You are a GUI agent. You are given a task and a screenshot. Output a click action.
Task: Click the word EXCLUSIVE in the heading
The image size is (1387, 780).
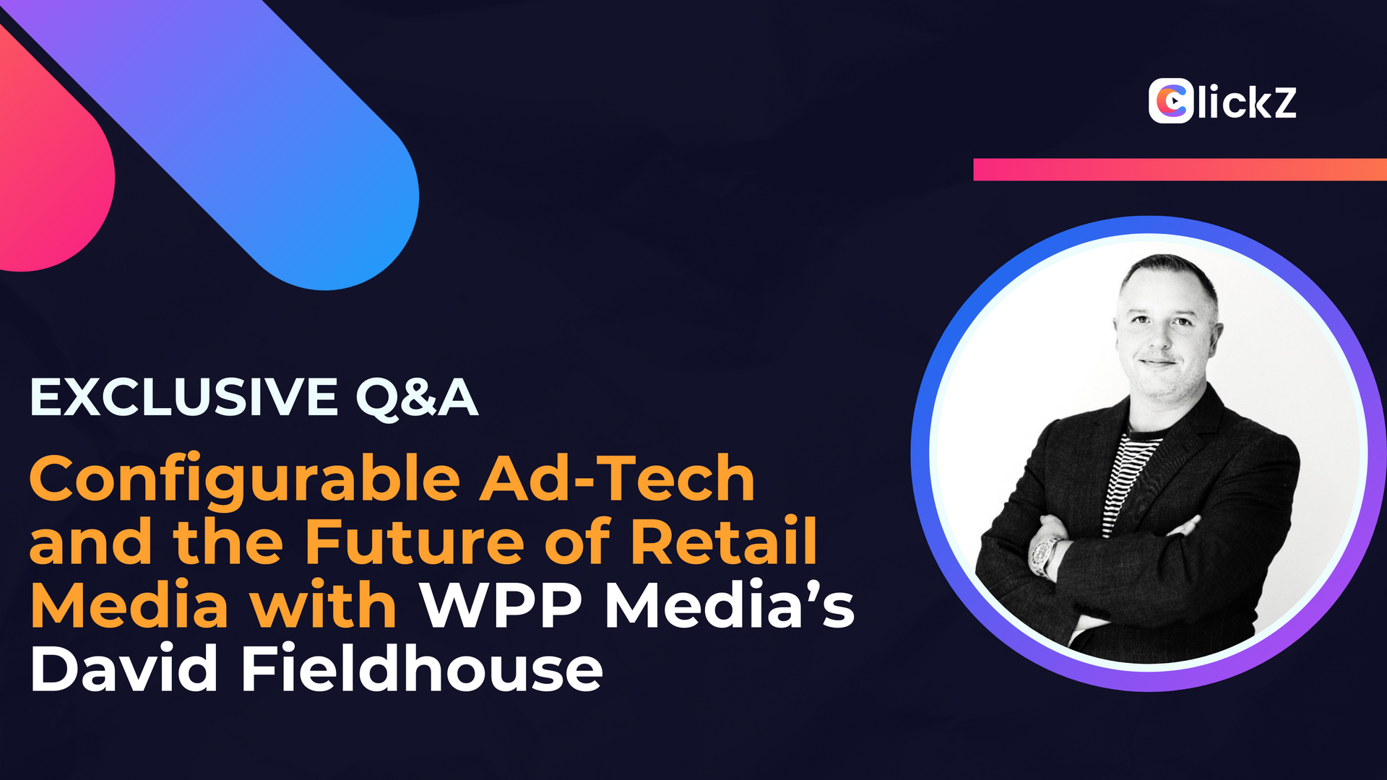[x=184, y=397]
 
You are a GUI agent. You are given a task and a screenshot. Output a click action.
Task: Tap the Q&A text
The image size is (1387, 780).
[x=417, y=399]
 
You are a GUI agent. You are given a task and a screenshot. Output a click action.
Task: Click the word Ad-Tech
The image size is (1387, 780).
[x=618, y=478]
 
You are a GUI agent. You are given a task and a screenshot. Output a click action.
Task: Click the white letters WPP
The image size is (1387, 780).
[x=502, y=605]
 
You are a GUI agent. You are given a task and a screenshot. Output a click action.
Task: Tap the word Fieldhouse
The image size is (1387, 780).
[x=422, y=667]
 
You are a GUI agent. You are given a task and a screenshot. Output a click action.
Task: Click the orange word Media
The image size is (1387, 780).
[x=129, y=604]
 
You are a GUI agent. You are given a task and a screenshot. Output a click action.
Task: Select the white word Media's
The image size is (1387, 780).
[x=730, y=604]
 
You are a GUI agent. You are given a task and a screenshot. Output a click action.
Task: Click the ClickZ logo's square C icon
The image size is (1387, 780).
[x=1170, y=101]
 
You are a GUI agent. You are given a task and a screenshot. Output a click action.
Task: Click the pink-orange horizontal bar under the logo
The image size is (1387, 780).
[x=1180, y=170]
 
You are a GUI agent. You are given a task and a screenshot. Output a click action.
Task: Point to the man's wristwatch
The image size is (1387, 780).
[x=1043, y=557]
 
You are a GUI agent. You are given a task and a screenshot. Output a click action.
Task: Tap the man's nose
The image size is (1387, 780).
[x=1158, y=339]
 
